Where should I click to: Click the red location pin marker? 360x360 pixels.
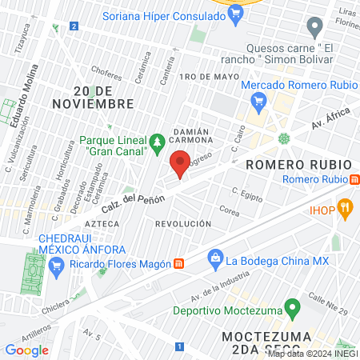click(180, 163)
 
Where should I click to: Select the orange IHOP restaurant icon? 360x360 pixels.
click(346, 210)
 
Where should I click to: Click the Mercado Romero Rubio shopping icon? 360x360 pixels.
click(258, 101)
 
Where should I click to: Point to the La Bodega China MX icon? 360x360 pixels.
click(214, 258)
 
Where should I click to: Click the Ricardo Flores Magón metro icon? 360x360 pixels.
click(178, 263)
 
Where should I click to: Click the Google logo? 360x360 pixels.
click(26, 350)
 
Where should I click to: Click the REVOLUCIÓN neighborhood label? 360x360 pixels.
click(184, 224)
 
